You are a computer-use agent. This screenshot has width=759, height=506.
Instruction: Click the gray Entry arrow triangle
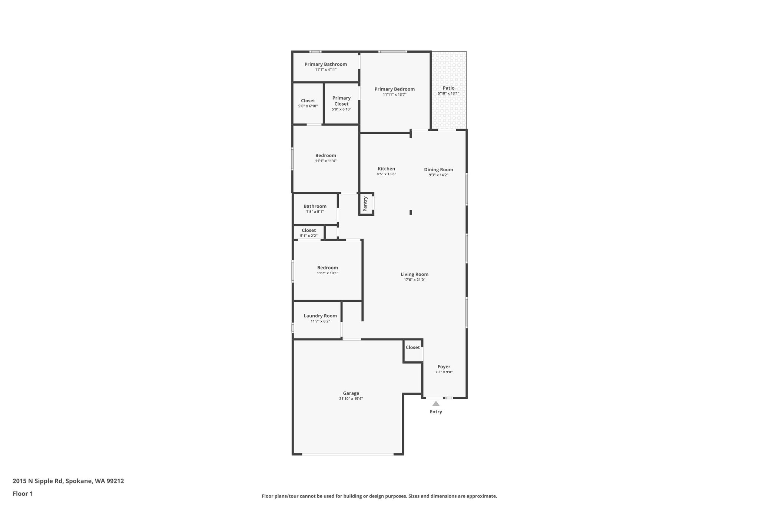[436, 403]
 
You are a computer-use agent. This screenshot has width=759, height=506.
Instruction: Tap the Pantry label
[365, 204]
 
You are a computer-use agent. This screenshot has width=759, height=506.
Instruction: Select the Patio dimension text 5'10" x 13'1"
[448, 93]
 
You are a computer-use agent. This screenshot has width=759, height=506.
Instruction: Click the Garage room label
[351, 393]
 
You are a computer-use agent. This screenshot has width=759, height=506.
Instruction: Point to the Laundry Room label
[320, 316]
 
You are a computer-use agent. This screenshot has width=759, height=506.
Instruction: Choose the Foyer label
[444, 367]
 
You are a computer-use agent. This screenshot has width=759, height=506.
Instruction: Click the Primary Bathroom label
[326, 64]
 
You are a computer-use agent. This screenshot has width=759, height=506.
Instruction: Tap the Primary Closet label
[341, 101]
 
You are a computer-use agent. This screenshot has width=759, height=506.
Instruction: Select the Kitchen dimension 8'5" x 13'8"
[387, 174]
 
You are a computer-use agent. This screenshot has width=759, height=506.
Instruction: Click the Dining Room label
[439, 170]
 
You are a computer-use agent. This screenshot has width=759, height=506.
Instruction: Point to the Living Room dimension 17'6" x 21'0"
[414, 280]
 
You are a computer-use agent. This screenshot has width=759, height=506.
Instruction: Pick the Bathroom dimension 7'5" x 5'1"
[315, 212]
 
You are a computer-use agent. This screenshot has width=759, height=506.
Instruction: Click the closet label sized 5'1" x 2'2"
[309, 230]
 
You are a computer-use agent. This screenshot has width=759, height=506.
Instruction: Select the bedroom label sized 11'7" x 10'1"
[328, 268]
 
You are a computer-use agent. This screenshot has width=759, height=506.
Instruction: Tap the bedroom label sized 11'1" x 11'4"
[326, 155]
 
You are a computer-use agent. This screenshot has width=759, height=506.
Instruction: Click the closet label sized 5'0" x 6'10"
[308, 100]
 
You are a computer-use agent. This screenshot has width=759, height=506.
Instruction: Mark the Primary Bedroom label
[395, 89]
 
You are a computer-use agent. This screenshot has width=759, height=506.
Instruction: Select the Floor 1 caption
[23, 494]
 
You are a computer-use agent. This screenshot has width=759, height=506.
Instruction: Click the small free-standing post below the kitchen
[411, 212]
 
